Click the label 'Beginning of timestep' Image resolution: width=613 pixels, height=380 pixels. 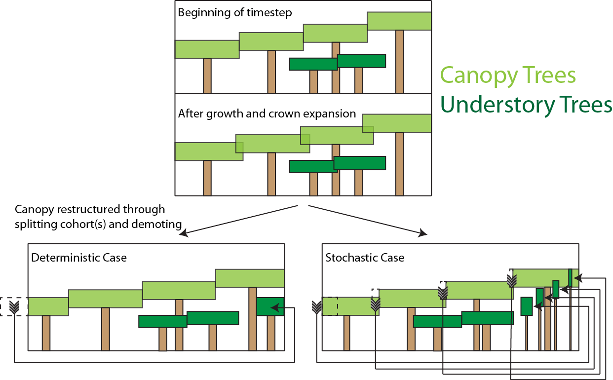coord(234,12)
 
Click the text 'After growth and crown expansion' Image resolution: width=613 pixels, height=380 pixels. coord(267,114)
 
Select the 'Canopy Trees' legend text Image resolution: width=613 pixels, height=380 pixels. coord(508,76)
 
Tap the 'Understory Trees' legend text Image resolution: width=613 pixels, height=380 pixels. coord(526,105)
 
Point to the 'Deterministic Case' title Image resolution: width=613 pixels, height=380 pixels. coord(79,258)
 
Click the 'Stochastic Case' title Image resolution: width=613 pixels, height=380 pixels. coord(365,258)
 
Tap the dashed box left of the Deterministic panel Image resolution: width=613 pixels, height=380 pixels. coord(14,306)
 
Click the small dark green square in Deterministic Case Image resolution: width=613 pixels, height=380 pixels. coord(270,306)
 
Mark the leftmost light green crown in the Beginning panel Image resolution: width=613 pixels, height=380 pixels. coord(207,49)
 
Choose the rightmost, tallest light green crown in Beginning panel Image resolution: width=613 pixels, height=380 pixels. coord(399,21)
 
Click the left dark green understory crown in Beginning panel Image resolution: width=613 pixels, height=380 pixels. coord(313,64)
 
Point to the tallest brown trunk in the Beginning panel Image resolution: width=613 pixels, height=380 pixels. coord(399,62)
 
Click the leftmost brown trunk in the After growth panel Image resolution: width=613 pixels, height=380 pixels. coord(207,178)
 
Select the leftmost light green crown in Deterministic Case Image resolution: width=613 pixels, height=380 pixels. coord(48,306)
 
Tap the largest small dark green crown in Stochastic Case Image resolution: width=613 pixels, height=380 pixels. coord(527,306)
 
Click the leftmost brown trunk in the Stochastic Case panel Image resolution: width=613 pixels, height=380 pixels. coord(346,333)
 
